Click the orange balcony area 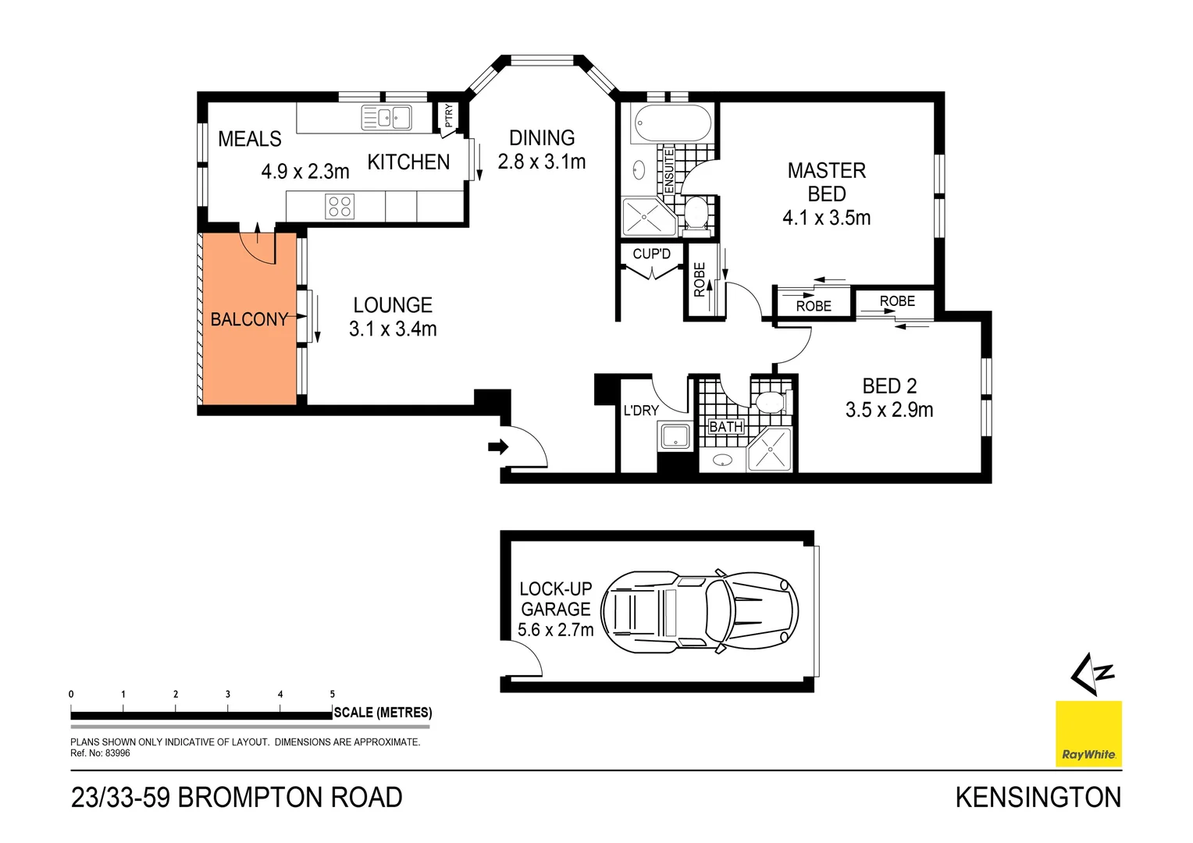[248, 351]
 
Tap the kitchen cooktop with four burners [340, 207]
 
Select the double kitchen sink [386, 118]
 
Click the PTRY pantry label [448, 116]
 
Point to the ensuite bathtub [672, 123]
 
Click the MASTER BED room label [826, 182]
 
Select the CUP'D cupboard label [651, 254]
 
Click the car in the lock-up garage [699, 610]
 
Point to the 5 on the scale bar [333, 694]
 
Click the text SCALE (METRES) [383, 713]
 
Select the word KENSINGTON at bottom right [1038, 797]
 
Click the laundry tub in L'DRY [675, 436]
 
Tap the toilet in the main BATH [770, 402]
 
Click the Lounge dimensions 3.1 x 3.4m [393, 329]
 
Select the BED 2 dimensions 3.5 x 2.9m [889, 410]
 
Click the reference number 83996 [117, 753]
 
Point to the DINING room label [542, 138]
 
